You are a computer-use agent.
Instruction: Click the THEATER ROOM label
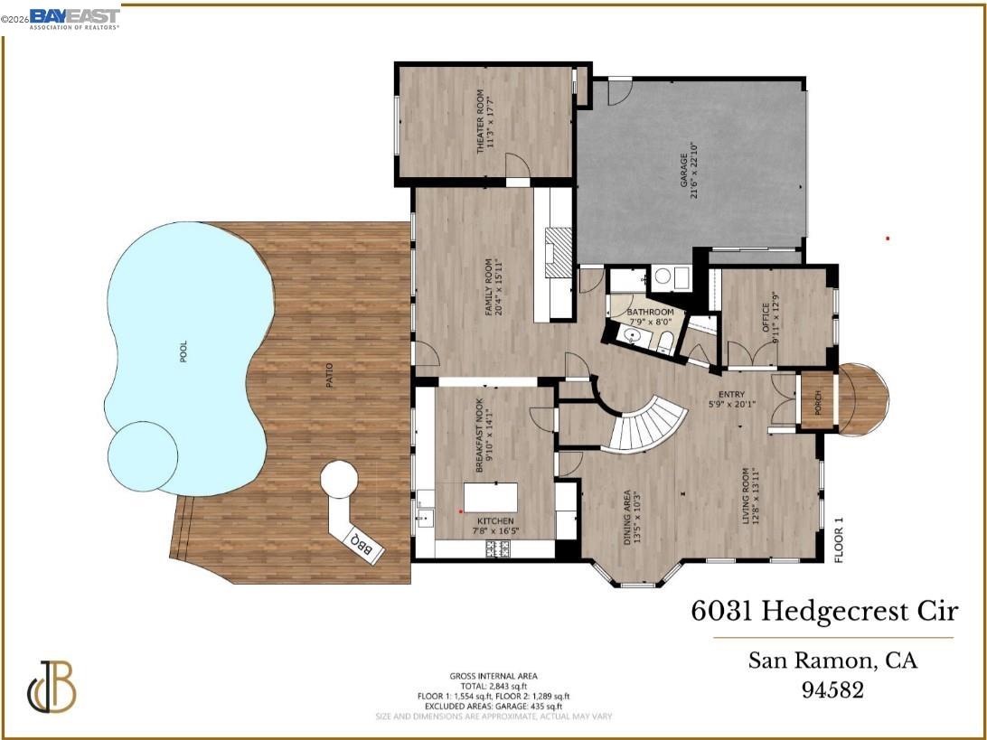point(482,125)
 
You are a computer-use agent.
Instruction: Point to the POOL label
point(184,352)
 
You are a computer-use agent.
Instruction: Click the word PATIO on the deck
point(330,376)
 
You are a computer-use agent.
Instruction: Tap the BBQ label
point(362,543)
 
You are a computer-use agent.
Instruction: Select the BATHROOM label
point(651,313)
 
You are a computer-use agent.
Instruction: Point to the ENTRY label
point(731,395)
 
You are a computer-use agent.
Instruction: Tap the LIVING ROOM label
point(747,496)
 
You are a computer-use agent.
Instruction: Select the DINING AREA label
point(627,518)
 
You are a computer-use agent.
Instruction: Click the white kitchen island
point(491,498)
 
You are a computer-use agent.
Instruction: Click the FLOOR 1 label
point(838,539)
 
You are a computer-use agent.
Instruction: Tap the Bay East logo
point(74,17)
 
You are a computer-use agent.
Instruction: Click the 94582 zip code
point(832,690)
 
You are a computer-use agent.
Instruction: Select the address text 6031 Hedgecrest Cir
point(824,612)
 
